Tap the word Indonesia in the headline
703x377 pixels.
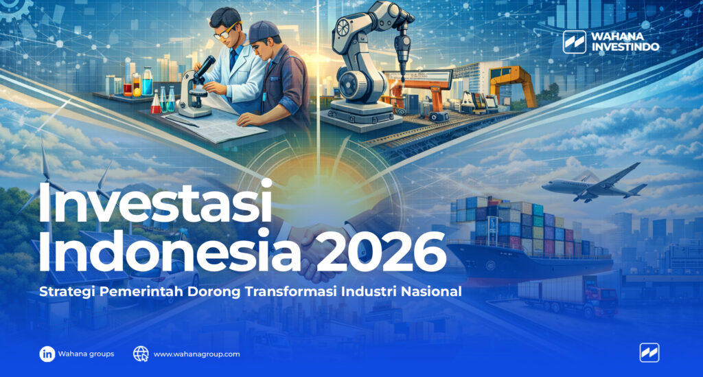tap(169, 252)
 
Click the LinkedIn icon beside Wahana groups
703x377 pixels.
tap(47, 354)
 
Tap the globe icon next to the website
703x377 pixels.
tap(141, 354)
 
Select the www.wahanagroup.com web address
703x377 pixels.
tap(196, 354)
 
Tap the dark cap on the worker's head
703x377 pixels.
tap(263, 32)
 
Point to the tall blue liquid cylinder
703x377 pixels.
tap(147, 81)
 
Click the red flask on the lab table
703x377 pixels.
tap(157, 104)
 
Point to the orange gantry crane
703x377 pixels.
tap(512, 82)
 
